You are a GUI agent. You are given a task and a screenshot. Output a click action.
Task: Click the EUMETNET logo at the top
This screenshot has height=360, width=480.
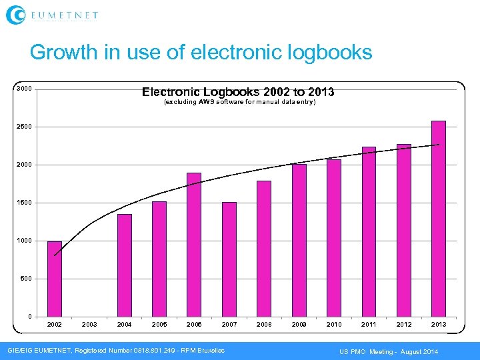click(x=52, y=14)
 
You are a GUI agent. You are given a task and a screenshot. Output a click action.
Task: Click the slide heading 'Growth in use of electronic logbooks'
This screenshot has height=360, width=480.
click(x=201, y=52)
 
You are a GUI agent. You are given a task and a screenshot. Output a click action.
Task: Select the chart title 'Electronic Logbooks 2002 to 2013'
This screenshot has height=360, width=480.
click(x=238, y=92)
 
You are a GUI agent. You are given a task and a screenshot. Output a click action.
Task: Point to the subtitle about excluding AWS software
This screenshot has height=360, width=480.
click(x=239, y=103)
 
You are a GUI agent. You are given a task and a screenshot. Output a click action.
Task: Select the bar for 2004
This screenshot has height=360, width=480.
click(x=125, y=265)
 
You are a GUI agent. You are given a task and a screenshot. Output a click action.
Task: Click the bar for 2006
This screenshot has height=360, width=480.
click(x=194, y=245)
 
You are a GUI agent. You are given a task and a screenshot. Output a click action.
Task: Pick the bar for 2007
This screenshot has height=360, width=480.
click(x=229, y=259)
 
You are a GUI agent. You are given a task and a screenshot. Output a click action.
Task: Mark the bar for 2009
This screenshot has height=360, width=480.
click(x=299, y=240)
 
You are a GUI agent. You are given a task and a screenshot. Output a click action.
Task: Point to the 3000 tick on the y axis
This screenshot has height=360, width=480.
click(x=24, y=89)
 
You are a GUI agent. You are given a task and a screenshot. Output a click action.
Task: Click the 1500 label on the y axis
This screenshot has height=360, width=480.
click(x=24, y=203)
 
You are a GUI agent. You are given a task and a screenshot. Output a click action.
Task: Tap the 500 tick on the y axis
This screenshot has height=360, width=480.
click(x=26, y=279)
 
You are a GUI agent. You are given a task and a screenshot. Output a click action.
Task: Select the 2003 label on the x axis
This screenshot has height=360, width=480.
click(x=89, y=325)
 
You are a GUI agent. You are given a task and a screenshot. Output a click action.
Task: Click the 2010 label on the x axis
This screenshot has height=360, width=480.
click(x=334, y=325)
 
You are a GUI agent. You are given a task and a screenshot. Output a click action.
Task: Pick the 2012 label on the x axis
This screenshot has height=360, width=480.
click(x=404, y=325)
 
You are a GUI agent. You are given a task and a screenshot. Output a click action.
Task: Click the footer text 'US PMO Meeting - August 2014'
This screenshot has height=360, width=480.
click(x=389, y=351)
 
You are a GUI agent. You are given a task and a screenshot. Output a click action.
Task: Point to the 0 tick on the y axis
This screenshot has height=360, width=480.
click(x=29, y=316)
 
